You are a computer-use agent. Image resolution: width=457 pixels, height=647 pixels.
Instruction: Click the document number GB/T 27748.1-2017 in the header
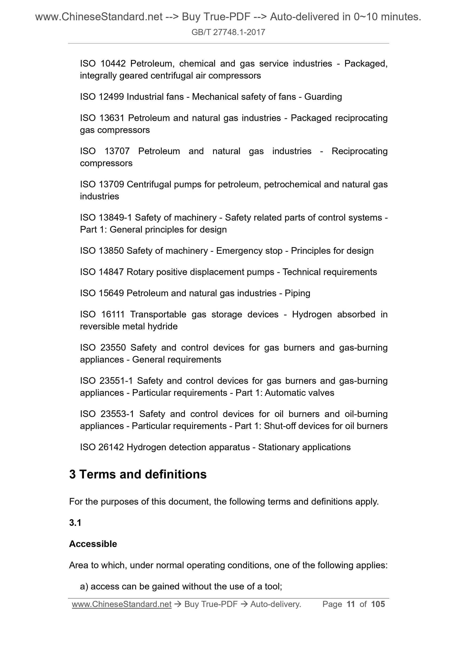pyautogui.click(x=228, y=32)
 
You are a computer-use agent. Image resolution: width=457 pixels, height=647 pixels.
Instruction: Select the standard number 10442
pyautogui.click(x=113, y=64)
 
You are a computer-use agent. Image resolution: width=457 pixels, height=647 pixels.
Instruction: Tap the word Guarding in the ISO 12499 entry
pyautogui.click(x=323, y=97)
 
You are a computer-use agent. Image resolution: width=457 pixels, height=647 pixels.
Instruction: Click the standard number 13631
pyautogui.click(x=112, y=118)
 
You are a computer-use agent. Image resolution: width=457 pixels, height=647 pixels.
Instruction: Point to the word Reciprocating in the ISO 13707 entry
pyautogui.click(x=359, y=151)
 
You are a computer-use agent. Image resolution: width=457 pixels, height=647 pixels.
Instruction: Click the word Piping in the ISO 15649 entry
pyautogui.click(x=297, y=293)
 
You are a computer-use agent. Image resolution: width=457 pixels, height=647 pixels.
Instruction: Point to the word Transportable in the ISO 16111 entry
pyautogui.click(x=158, y=314)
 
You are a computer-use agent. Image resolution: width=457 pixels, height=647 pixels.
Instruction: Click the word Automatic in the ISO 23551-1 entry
pyautogui.click(x=285, y=392)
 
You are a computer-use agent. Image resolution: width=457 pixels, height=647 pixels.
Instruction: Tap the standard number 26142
pyautogui.click(x=111, y=447)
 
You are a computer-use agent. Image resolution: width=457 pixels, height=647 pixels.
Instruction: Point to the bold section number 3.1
pyautogui.click(x=75, y=523)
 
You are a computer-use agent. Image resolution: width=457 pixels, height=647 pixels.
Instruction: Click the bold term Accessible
pyautogui.click(x=93, y=544)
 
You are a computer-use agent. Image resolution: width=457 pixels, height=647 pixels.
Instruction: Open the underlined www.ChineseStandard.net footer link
pyautogui.click(x=122, y=604)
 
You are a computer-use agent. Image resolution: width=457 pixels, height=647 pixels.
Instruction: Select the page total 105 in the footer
pyautogui.click(x=378, y=604)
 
